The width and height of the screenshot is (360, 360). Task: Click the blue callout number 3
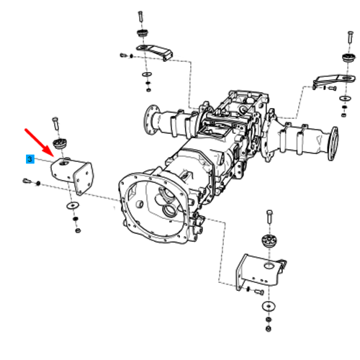pos(30,159)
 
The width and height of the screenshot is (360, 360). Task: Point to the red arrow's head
pos(50,152)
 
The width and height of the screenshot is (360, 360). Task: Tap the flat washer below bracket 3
pos(73,205)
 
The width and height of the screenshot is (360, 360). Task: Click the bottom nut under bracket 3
pos(78,230)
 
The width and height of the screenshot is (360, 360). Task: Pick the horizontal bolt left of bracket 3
pos(27,181)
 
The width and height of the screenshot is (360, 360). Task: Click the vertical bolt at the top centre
pos(140,17)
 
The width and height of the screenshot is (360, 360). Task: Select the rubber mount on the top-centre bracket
pos(143,33)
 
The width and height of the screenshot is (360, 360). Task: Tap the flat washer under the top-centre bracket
pos(146,74)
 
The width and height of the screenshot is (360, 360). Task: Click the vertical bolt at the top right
pos(351,37)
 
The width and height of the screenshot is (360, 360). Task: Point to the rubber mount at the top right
pos(348,58)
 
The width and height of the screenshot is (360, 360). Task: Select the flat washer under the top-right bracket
pos(346,98)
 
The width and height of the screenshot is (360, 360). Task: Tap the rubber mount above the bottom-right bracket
pos(269,240)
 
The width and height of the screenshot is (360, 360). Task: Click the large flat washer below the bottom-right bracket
pos(269,306)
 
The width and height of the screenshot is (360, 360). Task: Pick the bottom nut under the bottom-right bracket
pos(269,328)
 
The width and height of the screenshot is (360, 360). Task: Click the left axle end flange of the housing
pos(149,120)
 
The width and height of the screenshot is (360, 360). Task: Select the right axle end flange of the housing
pos(333,143)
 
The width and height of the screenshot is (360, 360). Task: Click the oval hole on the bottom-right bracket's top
pos(269,266)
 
